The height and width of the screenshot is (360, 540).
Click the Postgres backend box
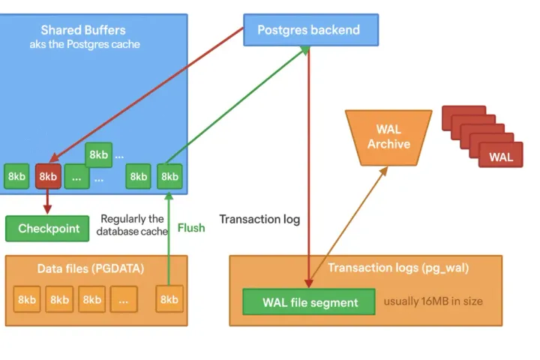click(309, 31)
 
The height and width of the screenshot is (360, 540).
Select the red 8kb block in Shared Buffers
click(48, 176)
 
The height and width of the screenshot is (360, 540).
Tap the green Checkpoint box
click(48, 229)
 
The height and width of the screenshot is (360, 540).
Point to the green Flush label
click(191, 227)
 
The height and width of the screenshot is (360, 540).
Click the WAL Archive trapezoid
click(388, 136)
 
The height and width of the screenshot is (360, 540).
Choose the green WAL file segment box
click(310, 302)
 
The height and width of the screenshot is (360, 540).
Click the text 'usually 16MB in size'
click(433, 301)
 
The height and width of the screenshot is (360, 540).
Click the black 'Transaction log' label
click(259, 219)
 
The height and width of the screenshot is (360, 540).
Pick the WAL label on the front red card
click(501, 157)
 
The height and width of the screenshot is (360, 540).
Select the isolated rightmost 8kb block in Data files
click(169, 299)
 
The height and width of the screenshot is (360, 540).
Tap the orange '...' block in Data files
click(124, 299)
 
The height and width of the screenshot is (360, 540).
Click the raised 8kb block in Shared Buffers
click(99, 155)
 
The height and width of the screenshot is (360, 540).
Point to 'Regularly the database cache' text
click(132, 225)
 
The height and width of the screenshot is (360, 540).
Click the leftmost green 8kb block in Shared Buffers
click(16, 176)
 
